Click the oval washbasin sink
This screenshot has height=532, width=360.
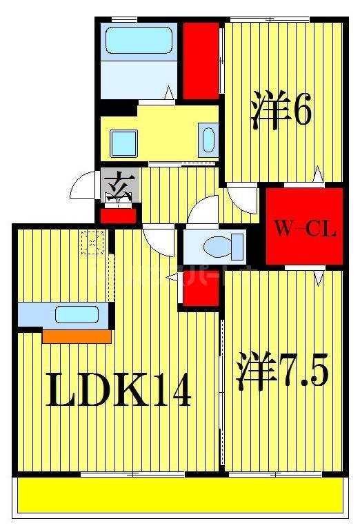point(208,140)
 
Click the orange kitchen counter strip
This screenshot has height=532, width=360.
point(77,336)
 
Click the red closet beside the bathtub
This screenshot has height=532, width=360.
point(201,61)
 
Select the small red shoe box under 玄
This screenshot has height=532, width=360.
point(119,215)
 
